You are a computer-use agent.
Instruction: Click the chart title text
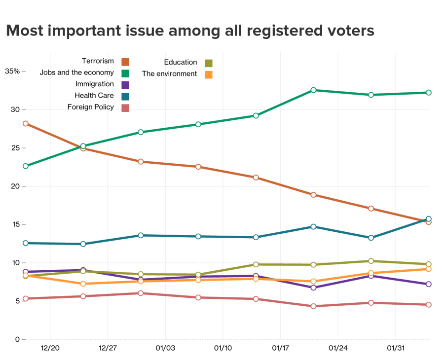click(x=190, y=31)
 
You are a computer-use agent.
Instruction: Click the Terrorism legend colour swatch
click(x=125, y=62)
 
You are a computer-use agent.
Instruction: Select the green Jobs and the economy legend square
click(x=125, y=73)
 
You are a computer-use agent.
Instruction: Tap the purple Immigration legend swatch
click(x=125, y=85)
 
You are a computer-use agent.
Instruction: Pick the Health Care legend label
click(x=94, y=96)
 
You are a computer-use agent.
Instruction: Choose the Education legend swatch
click(x=209, y=63)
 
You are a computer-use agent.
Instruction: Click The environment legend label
click(x=170, y=74)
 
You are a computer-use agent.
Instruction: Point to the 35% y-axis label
click(x=12, y=71)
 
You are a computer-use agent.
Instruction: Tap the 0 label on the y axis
click(x=17, y=340)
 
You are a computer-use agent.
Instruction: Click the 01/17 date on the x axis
click(x=280, y=348)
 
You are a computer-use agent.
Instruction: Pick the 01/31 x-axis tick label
click(x=395, y=348)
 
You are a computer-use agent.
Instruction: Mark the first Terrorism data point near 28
click(x=26, y=124)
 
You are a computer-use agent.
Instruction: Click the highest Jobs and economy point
click(x=313, y=90)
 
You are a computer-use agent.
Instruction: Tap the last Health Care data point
click(x=429, y=219)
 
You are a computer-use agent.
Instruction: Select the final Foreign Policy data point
click(x=429, y=305)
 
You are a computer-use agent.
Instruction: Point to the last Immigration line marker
click(x=429, y=284)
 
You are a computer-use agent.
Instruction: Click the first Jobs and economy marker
click(x=26, y=166)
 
